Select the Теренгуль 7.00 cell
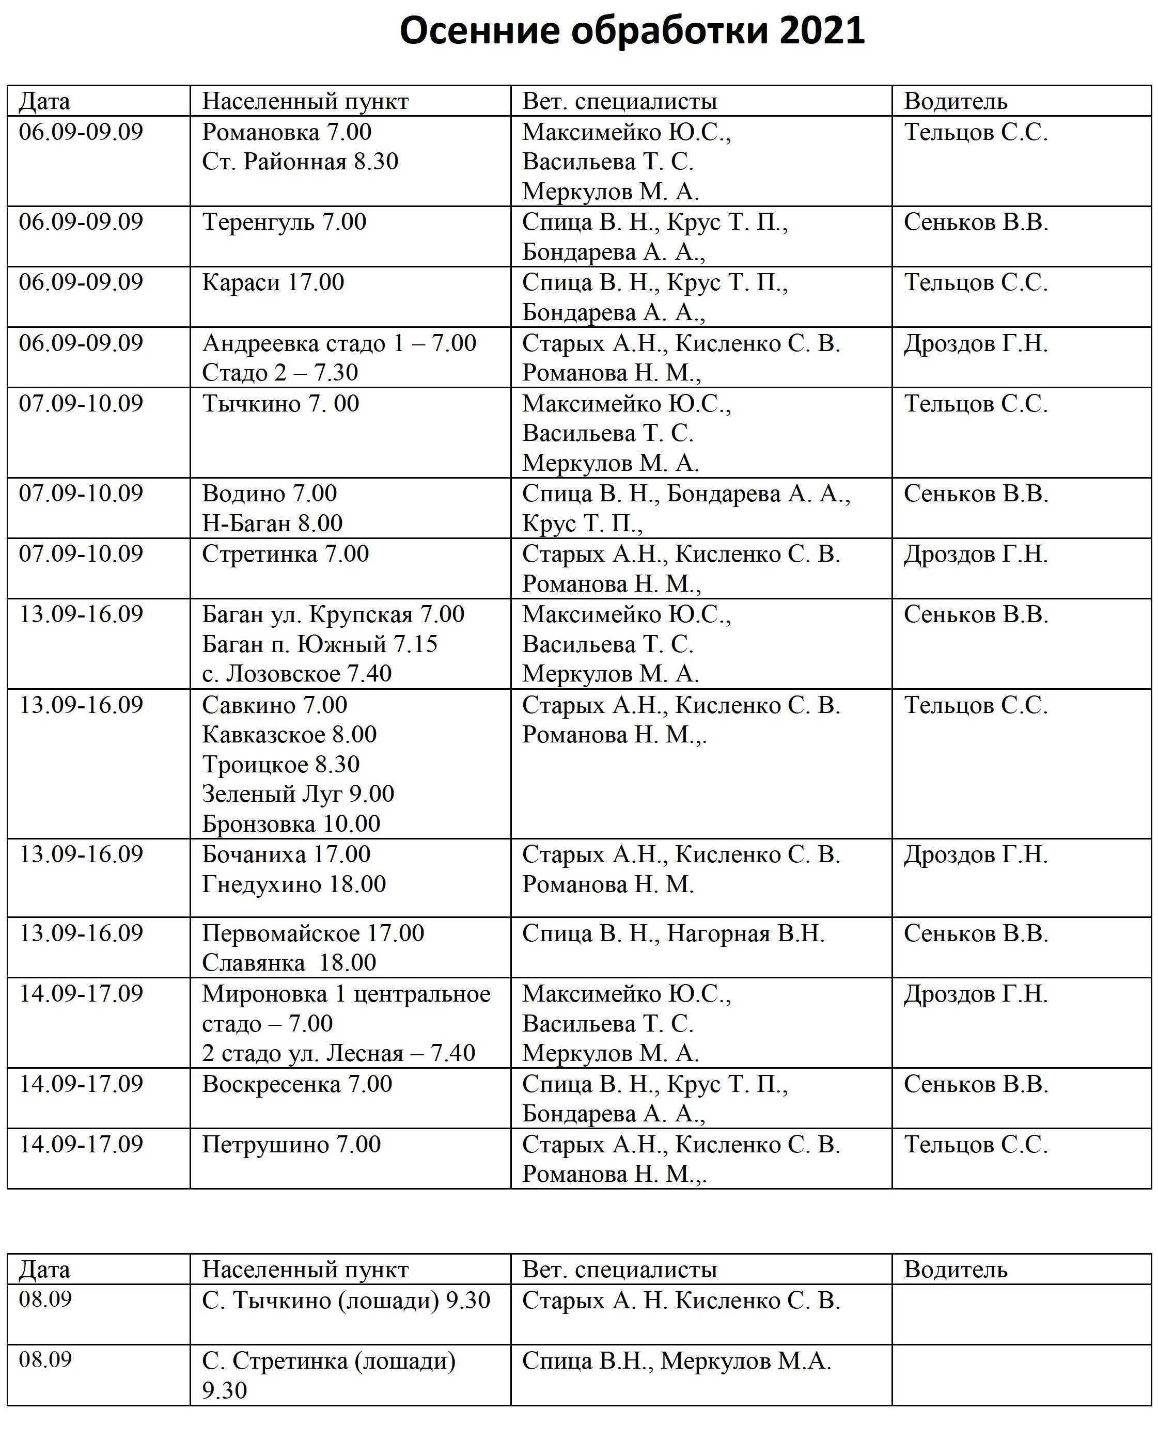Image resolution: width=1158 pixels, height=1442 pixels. tap(284, 222)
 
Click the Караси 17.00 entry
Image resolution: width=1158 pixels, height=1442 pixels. tap(273, 282)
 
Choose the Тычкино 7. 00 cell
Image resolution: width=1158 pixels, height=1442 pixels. tap(280, 404)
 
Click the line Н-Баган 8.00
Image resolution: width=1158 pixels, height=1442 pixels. tap(272, 523)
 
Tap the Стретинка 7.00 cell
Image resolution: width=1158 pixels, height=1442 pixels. tap(285, 554)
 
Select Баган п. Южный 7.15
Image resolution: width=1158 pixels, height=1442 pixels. tap(320, 644)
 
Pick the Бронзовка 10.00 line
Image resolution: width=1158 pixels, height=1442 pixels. tap(291, 823)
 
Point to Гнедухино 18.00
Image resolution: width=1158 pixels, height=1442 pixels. tap(294, 884)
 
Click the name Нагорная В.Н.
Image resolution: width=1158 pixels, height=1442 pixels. tap(745, 933)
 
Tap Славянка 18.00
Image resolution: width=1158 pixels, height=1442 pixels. tap(289, 962)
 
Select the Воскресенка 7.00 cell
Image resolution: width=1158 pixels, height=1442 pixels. tap(297, 1084)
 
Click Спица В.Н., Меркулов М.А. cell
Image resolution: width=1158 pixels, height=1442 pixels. tap(676, 1361)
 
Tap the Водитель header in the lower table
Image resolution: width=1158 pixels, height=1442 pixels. tap(956, 1270)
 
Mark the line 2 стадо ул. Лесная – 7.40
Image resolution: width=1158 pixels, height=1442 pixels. tap(338, 1053)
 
